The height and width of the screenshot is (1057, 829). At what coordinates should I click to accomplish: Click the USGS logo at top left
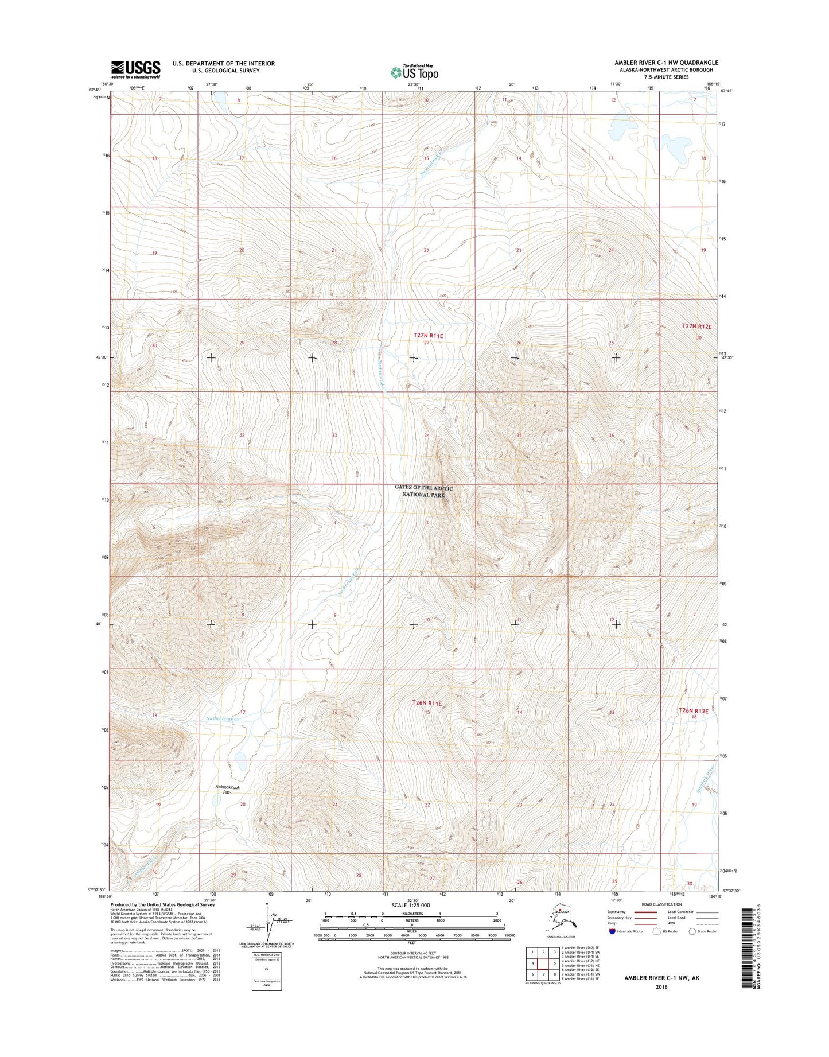(x=135, y=69)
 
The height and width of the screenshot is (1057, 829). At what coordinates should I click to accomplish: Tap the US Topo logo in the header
(x=414, y=72)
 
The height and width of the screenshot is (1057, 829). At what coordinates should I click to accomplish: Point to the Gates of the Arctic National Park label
(x=423, y=491)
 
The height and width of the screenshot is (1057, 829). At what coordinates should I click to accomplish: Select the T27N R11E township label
(x=429, y=335)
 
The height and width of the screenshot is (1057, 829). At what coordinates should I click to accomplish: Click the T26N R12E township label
(x=694, y=710)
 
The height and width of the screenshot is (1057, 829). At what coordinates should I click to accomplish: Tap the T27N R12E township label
(x=696, y=326)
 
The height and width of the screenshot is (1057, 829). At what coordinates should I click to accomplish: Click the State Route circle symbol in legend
(x=692, y=932)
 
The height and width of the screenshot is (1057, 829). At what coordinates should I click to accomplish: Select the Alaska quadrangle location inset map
(x=561, y=918)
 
